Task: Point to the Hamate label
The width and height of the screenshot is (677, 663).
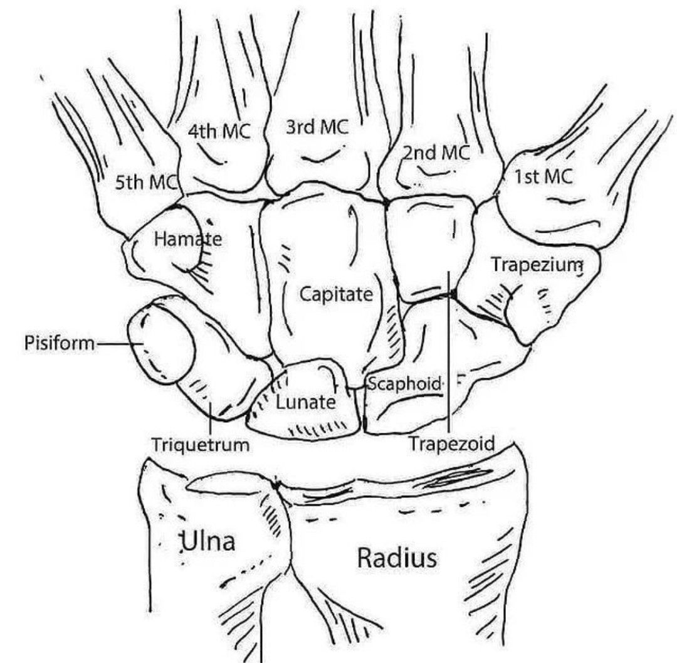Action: pos(179,238)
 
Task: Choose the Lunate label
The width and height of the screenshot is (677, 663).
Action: pos(305,402)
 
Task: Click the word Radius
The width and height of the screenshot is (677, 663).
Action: pos(396,558)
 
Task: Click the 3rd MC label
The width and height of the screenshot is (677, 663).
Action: pos(317,127)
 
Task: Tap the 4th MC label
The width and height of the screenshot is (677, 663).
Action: pos(219,132)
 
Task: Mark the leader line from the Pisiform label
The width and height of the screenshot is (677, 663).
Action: pos(113,344)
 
